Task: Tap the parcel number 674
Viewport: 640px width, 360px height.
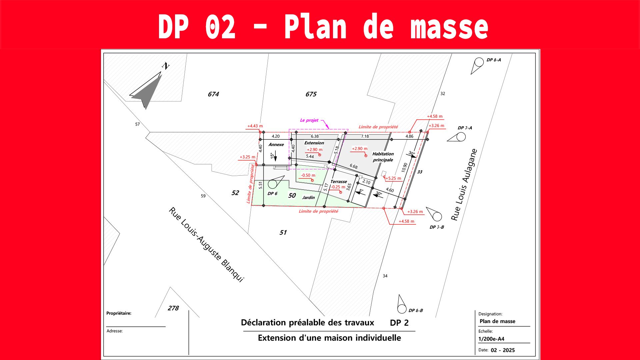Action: pyautogui.click(x=213, y=94)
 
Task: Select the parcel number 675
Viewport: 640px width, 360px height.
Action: pyautogui.click(x=311, y=94)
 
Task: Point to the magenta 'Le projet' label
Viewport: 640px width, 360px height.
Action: pyautogui.click(x=309, y=120)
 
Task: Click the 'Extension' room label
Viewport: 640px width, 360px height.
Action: pyautogui.click(x=314, y=143)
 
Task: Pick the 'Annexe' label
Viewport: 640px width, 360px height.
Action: pyautogui.click(x=276, y=145)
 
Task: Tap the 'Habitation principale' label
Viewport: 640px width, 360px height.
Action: pyautogui.click(x=383, y=157)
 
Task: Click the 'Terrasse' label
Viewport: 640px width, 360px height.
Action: pyautogui.click(x=339, y=182)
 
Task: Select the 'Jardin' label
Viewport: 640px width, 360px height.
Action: pyautogui.click(x=309, y=198)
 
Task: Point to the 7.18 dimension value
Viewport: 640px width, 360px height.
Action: pyautogui.click(x=365, y=136)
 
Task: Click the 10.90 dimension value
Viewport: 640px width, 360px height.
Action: pyautogui.click(x=404, y=167)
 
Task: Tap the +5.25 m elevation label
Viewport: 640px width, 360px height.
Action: pyautogui.click(x=393, y=178)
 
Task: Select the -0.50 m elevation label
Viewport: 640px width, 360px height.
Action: pyautogui.click(x=308, y=175)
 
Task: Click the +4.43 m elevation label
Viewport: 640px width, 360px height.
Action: pyautogui.click(x=255, y=126)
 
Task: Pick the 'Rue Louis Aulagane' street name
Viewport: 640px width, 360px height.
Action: pyautogui.click(x=464, y=185)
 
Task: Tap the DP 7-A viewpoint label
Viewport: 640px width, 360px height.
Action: pyautogui.click(x=465, y=128)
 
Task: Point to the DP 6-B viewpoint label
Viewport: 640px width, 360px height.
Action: pyautogui.click(x=416, y=311)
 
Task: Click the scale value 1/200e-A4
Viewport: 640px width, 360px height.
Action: pyautogui.click(x=491, y=339)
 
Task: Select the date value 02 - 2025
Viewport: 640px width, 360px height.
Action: pyautogui.click(x=503, y=350)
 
